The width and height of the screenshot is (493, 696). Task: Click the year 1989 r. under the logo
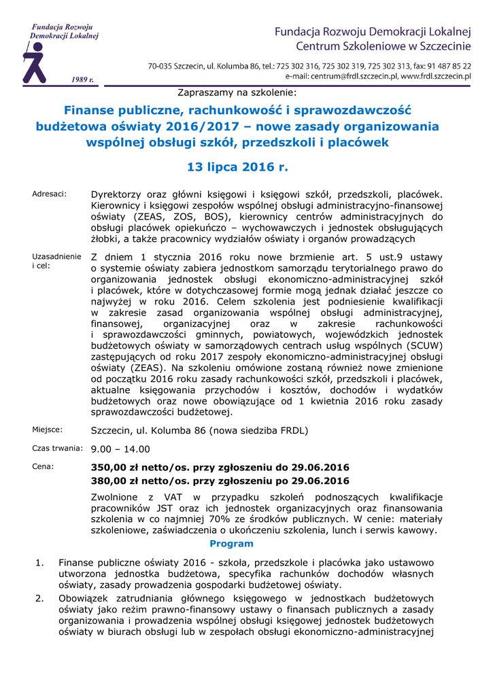tap(82, 80)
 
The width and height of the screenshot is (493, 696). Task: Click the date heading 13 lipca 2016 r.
tap(237, 166)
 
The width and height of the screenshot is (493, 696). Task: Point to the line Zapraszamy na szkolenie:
tap(237, 91)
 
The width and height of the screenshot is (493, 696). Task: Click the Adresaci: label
tap(50, 194)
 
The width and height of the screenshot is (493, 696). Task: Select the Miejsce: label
tap(48, 430)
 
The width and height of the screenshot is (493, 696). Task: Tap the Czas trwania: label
tap(58, 448)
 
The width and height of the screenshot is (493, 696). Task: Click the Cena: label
tap(43, 466)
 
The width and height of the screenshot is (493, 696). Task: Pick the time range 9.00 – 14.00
tap(120, 449)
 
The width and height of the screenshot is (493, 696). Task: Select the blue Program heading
tap(231, 544)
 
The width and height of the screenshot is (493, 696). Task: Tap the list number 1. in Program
tap(39, 563)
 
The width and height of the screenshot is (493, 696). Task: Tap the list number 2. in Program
tap(39, 598)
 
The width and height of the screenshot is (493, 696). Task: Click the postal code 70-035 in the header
tap(161, 66)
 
